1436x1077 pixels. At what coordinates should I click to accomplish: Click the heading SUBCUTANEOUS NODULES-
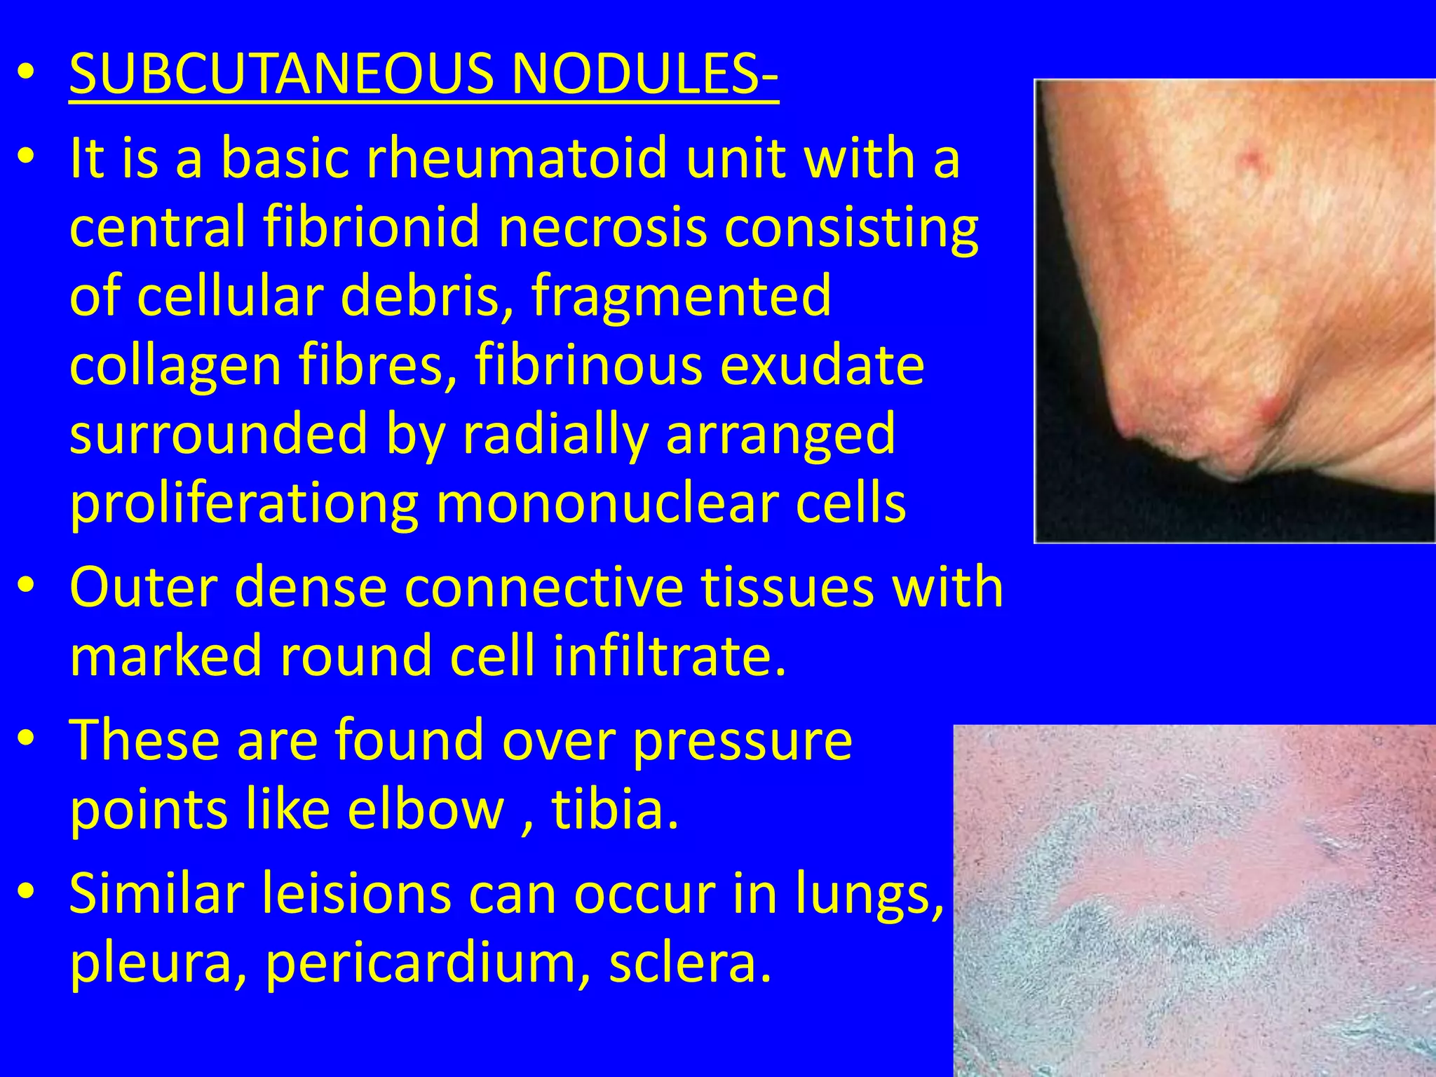(424, 74)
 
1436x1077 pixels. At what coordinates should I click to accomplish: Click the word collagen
(175, 365)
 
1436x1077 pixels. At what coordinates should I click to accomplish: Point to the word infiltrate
(670, 655)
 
